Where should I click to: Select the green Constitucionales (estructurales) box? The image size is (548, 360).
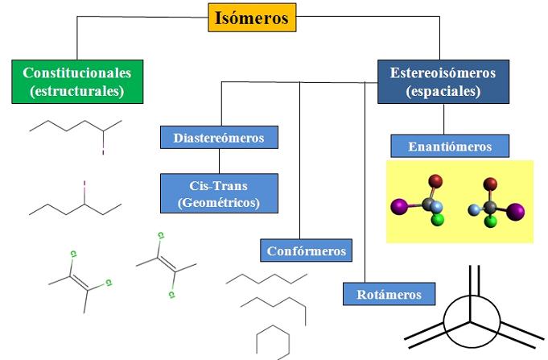76,81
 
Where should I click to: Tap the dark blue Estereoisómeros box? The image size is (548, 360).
443,81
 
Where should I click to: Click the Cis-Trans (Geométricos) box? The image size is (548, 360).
218,193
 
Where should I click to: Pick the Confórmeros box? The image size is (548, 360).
307,250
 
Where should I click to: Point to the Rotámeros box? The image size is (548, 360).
389,293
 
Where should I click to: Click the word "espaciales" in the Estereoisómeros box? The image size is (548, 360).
443,91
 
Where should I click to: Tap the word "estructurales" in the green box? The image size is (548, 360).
76,91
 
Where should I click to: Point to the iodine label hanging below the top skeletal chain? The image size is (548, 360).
103,149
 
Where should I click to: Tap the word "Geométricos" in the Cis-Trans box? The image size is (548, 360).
219,203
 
